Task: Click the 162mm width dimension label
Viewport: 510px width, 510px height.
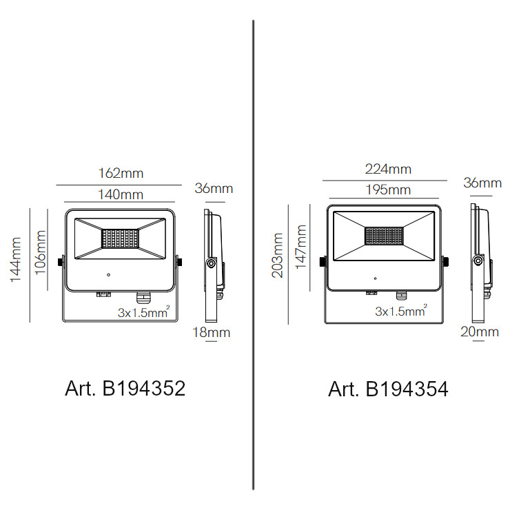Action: click(121, 174)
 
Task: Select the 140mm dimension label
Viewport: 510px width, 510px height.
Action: click(121, 194)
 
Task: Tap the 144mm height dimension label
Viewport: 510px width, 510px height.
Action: click(15, 259)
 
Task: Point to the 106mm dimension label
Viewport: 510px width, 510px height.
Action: click(40, 252)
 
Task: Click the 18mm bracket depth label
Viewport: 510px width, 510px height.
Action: click(212, 332)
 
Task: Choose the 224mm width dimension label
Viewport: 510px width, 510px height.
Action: click(388, 169)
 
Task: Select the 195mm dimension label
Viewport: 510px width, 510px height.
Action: click(388, 190)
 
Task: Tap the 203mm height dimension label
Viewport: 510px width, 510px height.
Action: click(277, 255)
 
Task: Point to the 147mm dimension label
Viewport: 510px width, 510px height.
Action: click(301, 247)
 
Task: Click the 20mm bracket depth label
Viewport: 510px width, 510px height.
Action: click(480, 331)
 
